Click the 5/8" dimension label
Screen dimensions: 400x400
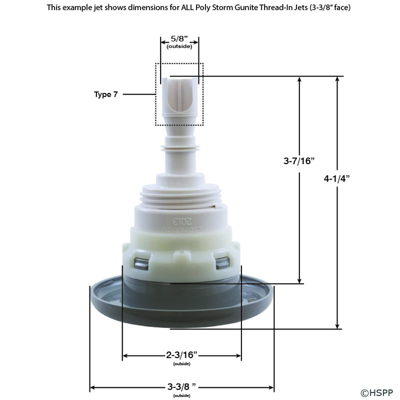click(179, 39)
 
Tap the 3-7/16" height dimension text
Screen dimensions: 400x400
click(299, 161)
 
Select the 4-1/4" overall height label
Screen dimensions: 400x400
click(336, 178)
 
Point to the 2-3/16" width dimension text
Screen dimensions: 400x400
click(181, 354)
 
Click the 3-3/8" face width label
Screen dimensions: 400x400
click(181, 386)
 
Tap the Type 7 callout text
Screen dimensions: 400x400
click(106, 94)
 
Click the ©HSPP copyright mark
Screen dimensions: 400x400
click(377, 392)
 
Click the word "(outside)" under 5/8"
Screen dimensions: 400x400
click(179, 46)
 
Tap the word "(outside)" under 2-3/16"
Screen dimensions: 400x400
click(181, 364)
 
